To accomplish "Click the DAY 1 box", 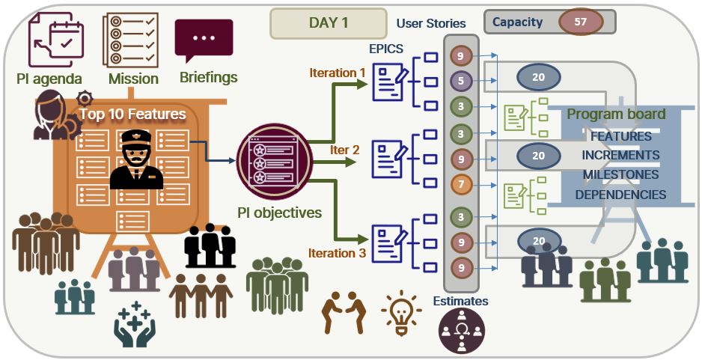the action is pyautogui.click(x=328, y=23).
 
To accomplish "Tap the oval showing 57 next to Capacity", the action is pyautogui.click(x=581, y=22).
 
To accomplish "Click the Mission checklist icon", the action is pyautogui.click(x=129, y=40).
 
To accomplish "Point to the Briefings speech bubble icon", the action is pyautogui.click(x=204, y=40).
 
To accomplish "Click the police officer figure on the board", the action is pyautogui.click(x=136, y=159).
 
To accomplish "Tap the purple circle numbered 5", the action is pyautogui.click(x=461, y=82).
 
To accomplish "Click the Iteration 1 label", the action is pyautogui.click(x=338, y=73).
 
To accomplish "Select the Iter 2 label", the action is pyautogui.click(x=345, y=150).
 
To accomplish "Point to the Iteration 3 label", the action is pyautogui.click(x=337, y=254).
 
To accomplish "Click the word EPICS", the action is pyautogui.click(x=386, y=49).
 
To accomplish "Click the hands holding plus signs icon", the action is pyautogui.click(x=134, y=324).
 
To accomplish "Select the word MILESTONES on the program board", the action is pyautogui.click(x=620, y=174).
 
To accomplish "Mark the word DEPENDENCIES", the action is pyautogui.click(x=620, y=195).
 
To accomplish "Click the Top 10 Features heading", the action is pyautogui.click(x=132, y=115).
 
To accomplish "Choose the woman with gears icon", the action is pyautogui.click(x=58, y=115).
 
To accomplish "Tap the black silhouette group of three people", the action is pyautogui.click(x=210, y=246).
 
